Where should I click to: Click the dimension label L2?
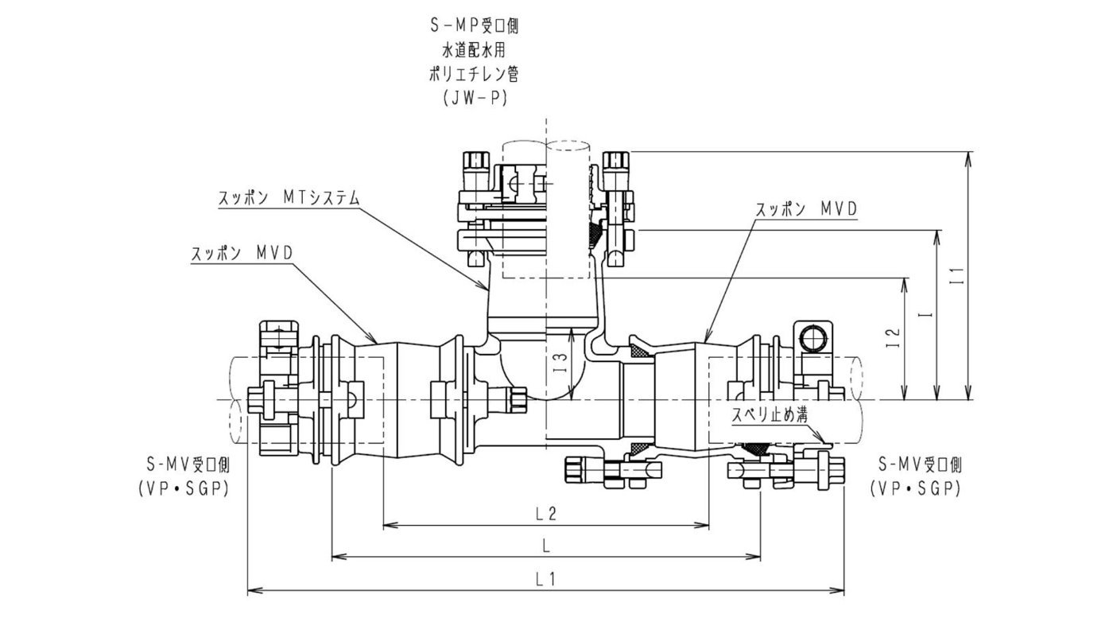coord(546,513)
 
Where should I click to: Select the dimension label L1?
coord(546,579)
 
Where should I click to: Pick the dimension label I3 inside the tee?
coord(560,365)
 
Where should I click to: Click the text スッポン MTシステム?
coord(289,198)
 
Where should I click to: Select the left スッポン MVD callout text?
coord(242,253)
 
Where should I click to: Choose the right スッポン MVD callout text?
coord(806,209)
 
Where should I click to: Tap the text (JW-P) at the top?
coord(475,98)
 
